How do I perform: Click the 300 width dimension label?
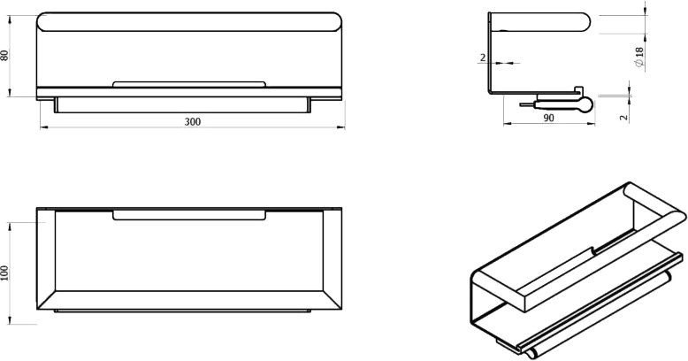[192, 121]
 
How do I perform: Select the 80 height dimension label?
[4, 56]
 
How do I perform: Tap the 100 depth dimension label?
[4, 273]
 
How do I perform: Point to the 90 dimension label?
[548, 118]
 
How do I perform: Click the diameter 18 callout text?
[638, 58]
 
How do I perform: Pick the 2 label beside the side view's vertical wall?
[483, 58]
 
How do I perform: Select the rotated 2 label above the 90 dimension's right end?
[624, 118]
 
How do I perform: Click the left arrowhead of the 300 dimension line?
[44, 127]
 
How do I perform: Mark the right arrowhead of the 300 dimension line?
[341, 127]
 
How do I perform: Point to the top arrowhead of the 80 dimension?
[10, 19]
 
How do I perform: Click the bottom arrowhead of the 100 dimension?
[10, 320]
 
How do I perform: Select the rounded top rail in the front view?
[189, 22]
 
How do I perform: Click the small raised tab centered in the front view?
[189, 84]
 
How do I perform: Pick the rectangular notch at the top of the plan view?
[189, 215]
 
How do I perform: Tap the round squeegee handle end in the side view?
[585, 104]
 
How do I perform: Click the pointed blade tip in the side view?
[521, 105]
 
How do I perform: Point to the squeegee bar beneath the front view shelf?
[182, 105]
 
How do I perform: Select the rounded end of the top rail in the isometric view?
[678, 216]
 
